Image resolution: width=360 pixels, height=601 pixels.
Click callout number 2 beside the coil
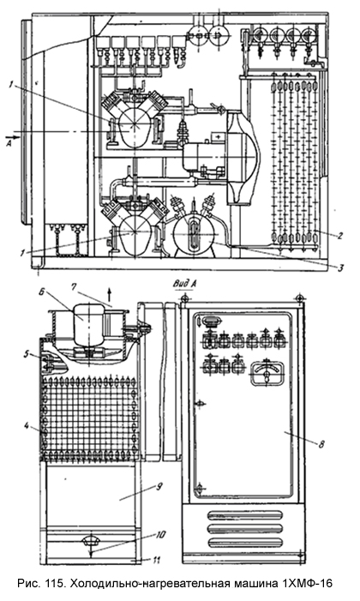click(x=339, y=236)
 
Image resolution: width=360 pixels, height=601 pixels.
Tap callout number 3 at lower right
click(x=339, y=268)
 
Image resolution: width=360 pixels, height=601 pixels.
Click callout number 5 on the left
click(x=27, y=355)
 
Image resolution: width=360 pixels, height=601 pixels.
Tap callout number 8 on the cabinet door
click(x=321, y=444)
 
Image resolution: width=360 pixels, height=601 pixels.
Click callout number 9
click(x=159, y=487)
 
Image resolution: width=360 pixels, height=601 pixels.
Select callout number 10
click(x=160, y=534)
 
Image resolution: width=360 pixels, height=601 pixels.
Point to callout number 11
click(x=155, y=560)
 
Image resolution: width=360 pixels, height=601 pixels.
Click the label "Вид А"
click(x=185, y=284)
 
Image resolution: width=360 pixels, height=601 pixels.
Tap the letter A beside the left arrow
click(x=9, y=143)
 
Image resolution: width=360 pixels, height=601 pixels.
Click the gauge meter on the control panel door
click(x=267, y=374)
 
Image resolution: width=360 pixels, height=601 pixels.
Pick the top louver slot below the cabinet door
click(x=245, y=514)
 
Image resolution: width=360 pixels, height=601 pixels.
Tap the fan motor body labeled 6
click(x=87, y=325)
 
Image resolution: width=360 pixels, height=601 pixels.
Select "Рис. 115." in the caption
click(x=43, y=584)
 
